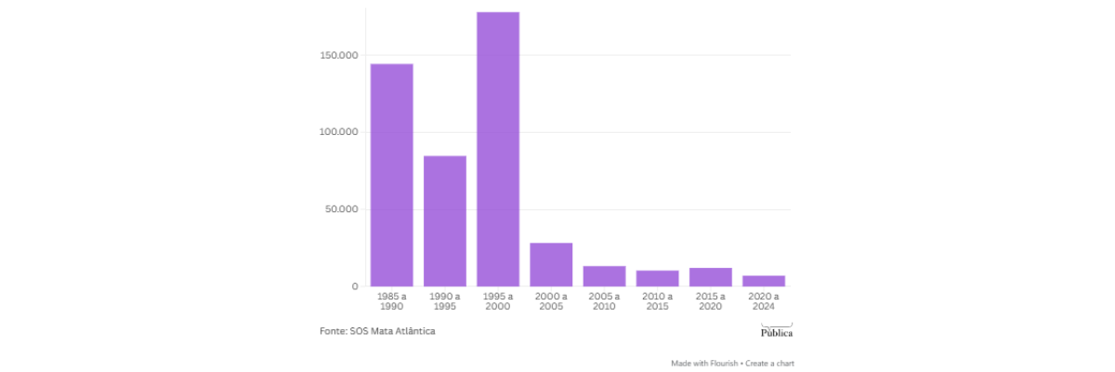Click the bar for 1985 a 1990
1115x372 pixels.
392,175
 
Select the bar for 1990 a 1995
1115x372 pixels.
445,221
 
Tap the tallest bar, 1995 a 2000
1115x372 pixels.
498,149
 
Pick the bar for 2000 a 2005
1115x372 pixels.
551,264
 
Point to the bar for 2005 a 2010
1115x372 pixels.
604,276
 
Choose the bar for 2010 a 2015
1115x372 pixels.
657,278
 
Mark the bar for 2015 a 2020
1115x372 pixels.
710,277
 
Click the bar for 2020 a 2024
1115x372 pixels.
763,281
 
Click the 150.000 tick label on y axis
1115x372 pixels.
339,56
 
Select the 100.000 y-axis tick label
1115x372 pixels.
339,133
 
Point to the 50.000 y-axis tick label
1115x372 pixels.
341,209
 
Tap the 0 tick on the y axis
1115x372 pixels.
354,286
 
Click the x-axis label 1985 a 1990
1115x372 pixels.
392,301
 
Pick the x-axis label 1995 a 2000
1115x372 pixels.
498,301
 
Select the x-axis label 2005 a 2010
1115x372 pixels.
604,301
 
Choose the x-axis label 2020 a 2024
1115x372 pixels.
763,301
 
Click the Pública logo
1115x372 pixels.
776,330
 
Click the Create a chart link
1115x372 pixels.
770,363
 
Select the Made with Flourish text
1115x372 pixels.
703,363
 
